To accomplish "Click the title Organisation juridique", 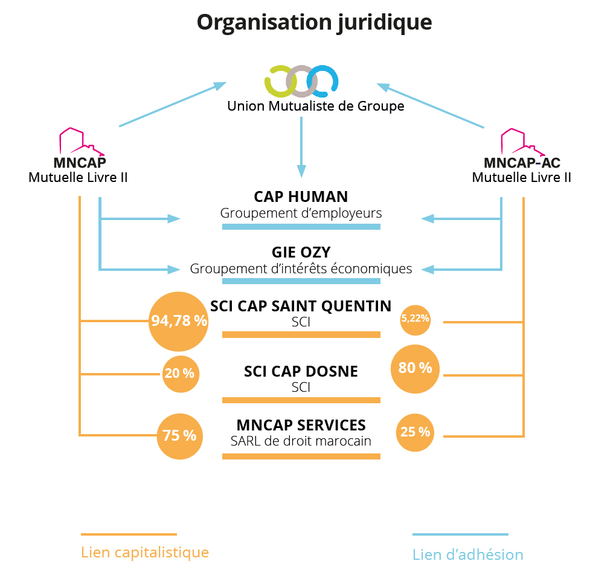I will click(315, 22).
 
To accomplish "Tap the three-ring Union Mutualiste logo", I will click(301, 81).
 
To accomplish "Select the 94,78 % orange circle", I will click(179, 321).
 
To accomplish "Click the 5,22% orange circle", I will click(415, 319).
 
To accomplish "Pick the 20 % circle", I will click(179, 374).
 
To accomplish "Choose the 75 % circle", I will click(179, 435).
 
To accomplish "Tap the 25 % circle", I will click(415, 432).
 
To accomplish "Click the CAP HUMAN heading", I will click(301, 197).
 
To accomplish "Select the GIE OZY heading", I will click(301, 253).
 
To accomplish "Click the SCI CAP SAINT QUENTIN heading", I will click(301, 307).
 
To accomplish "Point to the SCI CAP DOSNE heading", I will click(301, 372).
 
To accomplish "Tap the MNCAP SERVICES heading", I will click(301, 425).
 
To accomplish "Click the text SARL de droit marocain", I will click(301, 441).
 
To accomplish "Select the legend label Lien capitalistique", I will click(145, 553).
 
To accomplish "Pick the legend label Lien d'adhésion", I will click(467, 554).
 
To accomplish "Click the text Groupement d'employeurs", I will click(301, 213).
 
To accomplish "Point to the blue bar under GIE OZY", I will click(301, 281).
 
